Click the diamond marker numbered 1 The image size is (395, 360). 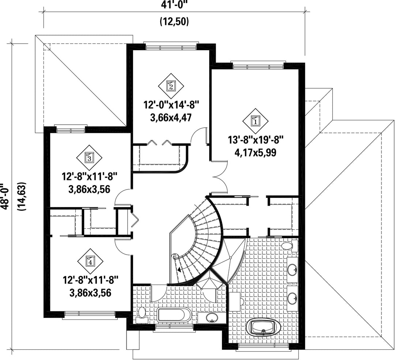point(255,121)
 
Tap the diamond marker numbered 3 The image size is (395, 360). point(90,158)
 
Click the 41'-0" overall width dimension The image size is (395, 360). point(174,5)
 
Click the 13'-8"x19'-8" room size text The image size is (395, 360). point(256,140)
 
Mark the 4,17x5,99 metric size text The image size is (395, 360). point(255,153)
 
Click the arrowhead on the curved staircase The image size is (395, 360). point(179,270)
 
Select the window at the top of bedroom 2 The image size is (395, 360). point(171,47)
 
